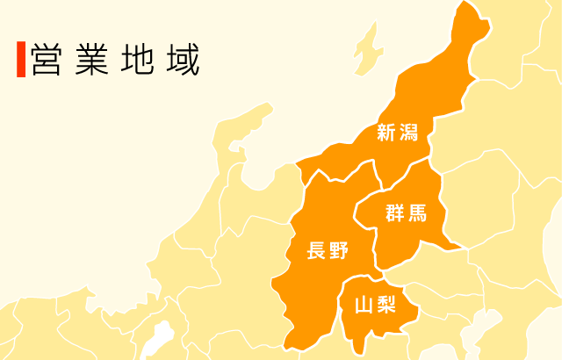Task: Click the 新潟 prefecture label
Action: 399,133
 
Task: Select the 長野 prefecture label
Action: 328,251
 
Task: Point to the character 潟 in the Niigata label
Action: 411,133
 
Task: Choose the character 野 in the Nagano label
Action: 340,251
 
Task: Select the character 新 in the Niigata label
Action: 386,133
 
